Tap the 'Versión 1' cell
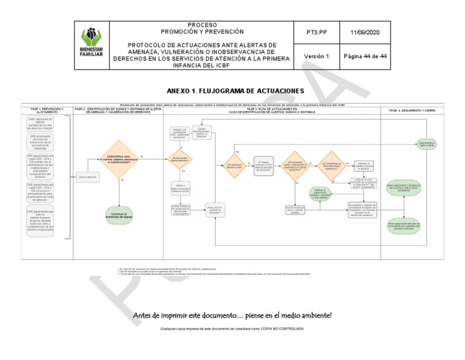(316, 56)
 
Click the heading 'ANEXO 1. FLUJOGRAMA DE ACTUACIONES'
(234, 91)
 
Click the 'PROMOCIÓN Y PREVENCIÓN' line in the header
(202, 31)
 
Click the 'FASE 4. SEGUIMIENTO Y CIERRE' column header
(411, 111)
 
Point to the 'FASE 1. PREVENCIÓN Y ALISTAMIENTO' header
(47, 111)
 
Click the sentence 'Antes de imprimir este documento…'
(232, 316)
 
